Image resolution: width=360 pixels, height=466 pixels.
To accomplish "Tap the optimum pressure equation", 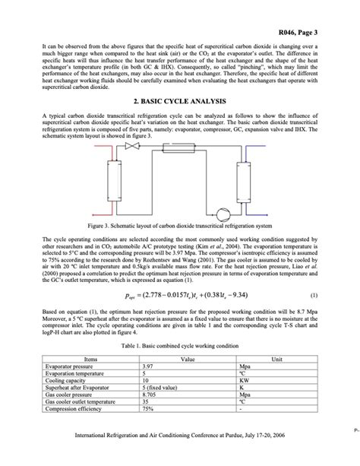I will click(x=180, y=295).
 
